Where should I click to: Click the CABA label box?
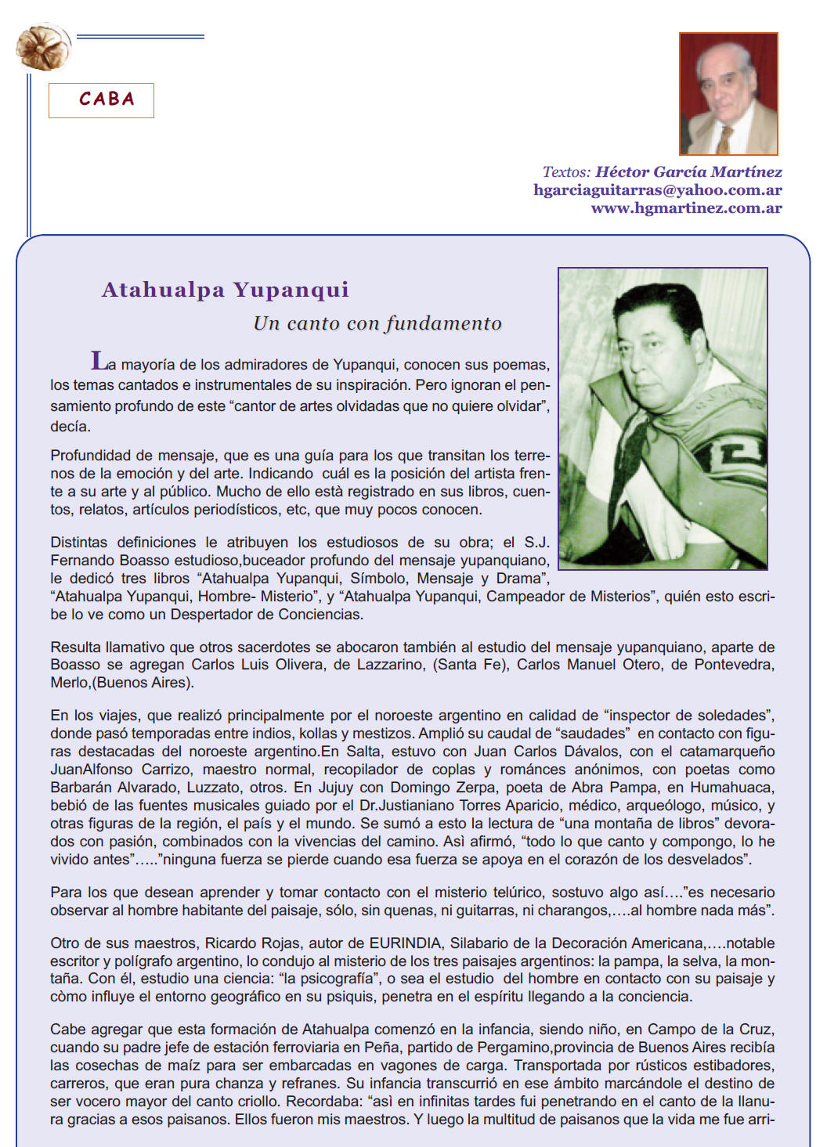[x=101, y=100]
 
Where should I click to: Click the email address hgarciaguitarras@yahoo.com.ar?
[x=657, y=190]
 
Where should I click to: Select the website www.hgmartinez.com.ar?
[x=686, y=208]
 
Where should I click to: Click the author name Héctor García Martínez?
[x=688, y=172]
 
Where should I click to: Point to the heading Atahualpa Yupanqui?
[x=225, y=290]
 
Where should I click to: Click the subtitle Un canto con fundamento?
[x=377, y=323]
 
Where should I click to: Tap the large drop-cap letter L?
[x=99, y=361]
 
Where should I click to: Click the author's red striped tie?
[x=725, y=139]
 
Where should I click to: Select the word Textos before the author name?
[x=565, y=172]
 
